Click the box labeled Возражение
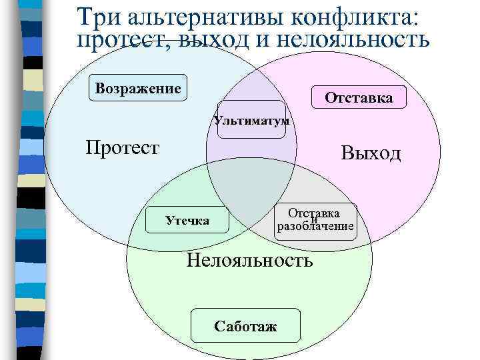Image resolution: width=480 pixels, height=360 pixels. pyautogui.click(x=138, y=87)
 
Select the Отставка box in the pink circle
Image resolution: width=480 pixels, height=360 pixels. pyautogui.click(x=359, y=98)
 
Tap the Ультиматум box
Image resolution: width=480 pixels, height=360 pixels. pyautogui.click(x=251, y=121)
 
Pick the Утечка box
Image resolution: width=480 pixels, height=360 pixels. pyautogui.click(x=187, y=220)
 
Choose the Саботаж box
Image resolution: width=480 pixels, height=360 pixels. pyautogui.click(x=246, y=325)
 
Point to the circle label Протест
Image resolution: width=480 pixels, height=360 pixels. pyautogui.click(x=123, y=147)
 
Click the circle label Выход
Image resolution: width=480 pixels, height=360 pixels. pyautogui.click(x=371, y=154)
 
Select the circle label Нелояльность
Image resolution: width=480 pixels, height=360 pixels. pyautogui.click(x=249, y=259)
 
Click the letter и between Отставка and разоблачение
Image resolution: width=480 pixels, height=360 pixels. pyautogui.click(x=314, y=220)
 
